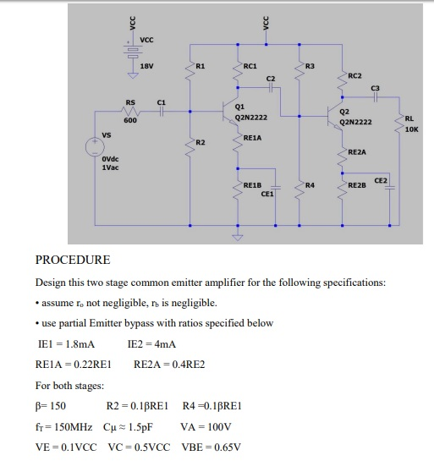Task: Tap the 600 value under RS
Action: coord(130,120)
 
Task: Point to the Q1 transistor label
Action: coord(241,107)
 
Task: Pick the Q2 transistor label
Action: coord(343,111)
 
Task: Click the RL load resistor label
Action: coord(409,119)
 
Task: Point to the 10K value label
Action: coord(411,130)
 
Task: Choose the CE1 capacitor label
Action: coord(267,194)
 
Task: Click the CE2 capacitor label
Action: coord(381,180)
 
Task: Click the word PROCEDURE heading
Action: coord(73,260)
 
